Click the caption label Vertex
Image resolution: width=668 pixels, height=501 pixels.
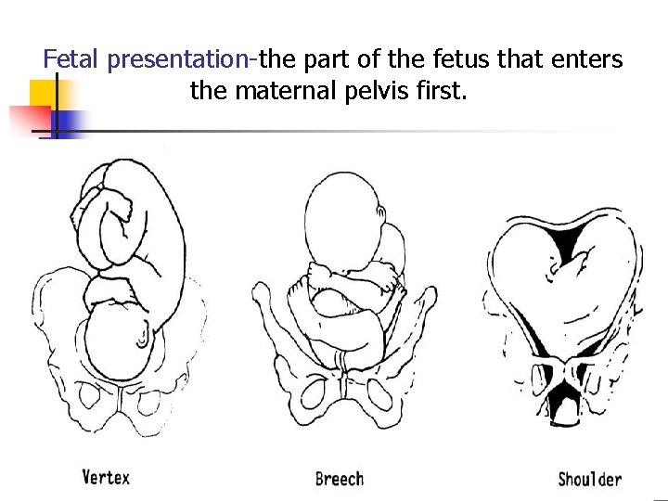106,477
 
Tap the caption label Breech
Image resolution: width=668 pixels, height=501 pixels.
339,479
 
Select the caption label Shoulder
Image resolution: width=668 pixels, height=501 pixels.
589,479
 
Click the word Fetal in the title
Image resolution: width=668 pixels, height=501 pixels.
72,60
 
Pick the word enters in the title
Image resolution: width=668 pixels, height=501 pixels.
588,60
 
